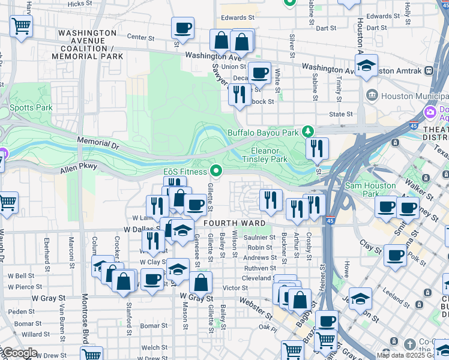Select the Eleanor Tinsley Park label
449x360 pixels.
[x=265, y=155]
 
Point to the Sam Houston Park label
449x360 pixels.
[x=371, y=190]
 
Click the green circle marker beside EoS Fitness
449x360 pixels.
[x=217, y=172]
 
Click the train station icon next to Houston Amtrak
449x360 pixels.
[x=429, y=71]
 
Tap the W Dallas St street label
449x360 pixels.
[x=142, y=229]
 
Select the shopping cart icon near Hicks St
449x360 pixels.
[x=21, y=26]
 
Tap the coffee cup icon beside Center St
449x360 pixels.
[x=182, y=28]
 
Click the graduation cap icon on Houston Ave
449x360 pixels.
[x=366, y=65]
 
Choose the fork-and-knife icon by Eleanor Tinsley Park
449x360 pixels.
[x=317, y=148]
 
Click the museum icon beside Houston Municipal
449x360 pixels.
[x=372, y=95]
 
